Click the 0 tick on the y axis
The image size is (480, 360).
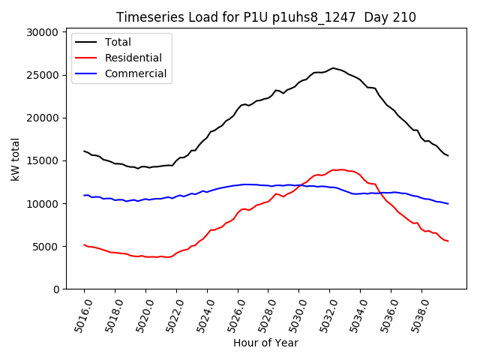(x=55, y=289)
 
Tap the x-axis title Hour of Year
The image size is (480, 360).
(x=265, y=343)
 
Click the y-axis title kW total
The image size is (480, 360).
(x=15, y=160)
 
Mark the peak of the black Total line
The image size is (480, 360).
(x=334, y=68)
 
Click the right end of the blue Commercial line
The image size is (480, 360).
(x=448, y=204)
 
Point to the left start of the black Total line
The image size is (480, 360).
(x=84, y=151)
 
